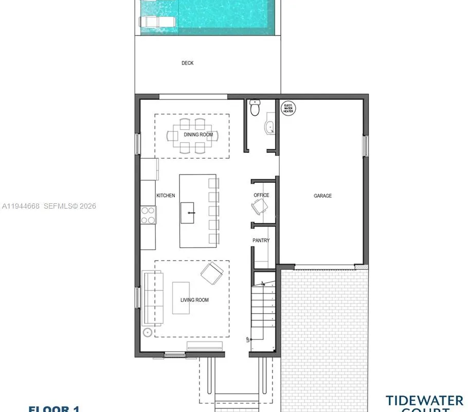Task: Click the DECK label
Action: click(x=188, y=63)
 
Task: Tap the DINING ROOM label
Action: click(x=199, y=135)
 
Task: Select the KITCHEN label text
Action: click(x=166, y=196)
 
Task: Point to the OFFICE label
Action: click(x=261, y=195)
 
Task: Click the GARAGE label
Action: click(x=323, y=196)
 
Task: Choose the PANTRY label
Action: click(x=261, y=241)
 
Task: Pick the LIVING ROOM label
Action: click(x=194, y=300)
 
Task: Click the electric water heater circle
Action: click(x=289, y=108)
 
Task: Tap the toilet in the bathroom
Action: click(x=255, y=108)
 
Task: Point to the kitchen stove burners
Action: click(x=149, y=215)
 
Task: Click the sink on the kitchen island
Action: click(x=190, y=212)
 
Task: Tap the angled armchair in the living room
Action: click(x=211, y=273)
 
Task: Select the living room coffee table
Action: click(x=181, y=298)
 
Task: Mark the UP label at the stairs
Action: click(x=248, y=340)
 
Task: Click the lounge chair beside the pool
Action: click(x=157, y=21)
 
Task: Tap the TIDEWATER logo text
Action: click(x=425, y=400)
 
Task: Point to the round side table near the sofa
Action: click(x=148, y=333)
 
